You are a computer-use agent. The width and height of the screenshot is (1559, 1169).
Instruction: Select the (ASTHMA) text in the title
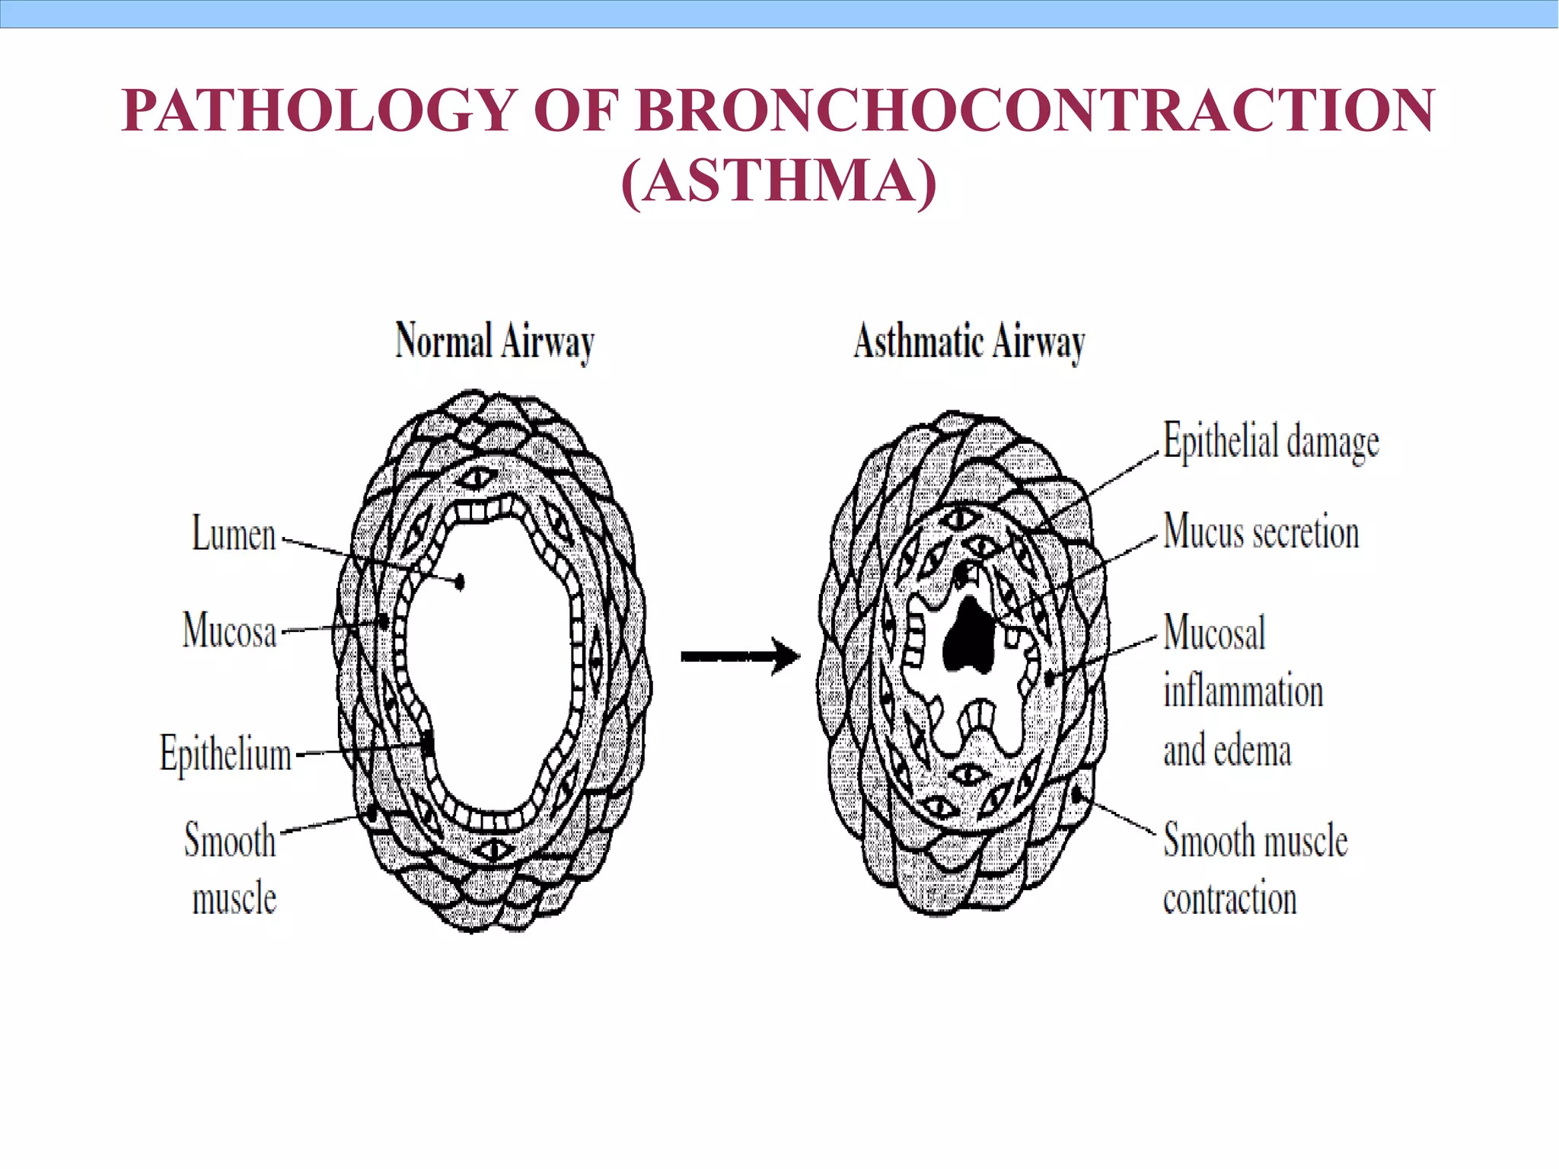779,182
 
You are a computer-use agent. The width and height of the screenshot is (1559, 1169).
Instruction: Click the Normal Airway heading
494,341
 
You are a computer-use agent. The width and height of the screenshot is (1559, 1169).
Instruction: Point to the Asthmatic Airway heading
969,341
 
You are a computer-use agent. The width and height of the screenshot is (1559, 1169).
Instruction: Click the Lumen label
233,534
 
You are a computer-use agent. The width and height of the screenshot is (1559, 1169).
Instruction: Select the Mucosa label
229,631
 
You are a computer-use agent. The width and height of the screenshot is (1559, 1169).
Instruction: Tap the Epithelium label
225,754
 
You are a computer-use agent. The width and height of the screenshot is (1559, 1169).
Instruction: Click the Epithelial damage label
1270,442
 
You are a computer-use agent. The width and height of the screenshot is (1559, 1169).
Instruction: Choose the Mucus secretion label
1261,532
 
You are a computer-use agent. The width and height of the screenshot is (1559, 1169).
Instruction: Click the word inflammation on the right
1242,691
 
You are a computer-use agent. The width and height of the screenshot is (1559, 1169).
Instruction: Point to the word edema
1252,751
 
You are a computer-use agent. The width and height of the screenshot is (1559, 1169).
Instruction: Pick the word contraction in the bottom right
1229,899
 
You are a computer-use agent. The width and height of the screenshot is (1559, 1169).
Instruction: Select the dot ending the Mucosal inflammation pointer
1051,677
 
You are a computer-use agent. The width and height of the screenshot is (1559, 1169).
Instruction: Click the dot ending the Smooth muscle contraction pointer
1078,795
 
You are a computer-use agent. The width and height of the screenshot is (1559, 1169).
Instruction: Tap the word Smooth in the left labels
229,841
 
